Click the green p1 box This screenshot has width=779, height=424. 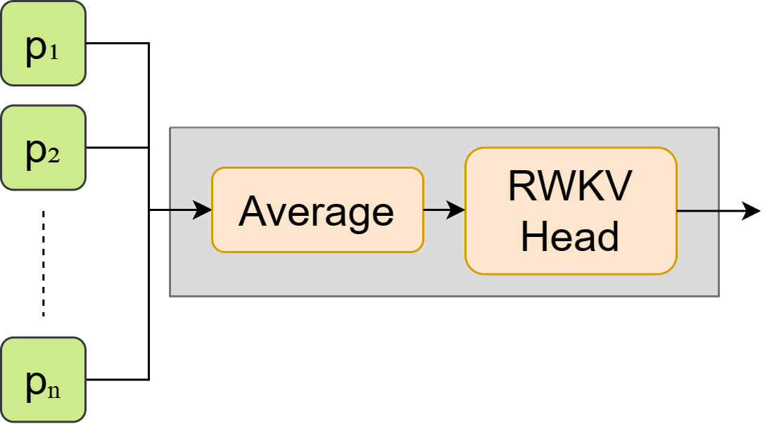[x=43, y=44]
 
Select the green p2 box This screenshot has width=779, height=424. [x=43, y=148]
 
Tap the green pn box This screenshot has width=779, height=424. [x=43, y=380]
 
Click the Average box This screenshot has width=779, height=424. [x=317, y=210]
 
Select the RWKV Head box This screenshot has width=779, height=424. [x=570, y=211]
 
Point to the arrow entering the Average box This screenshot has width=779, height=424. [x=191, y=210]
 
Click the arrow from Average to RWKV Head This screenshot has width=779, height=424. [x=443, y=210]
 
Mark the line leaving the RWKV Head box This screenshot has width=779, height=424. [x=697, y=210]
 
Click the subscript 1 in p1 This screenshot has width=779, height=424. [x=53, y=52]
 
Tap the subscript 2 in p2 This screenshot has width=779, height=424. [x=53, y=156]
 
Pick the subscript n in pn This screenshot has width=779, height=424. [x=53, y=390]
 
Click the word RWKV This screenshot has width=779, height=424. [x=570, y=187]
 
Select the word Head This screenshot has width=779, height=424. [x=570, y=236]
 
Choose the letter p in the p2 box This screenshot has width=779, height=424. [x=35, y=152]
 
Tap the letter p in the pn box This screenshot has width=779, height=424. [x=35, y=384]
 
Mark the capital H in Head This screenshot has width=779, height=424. [x=533, y=236]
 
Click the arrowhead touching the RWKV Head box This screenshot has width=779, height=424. [x=457, y=210]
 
